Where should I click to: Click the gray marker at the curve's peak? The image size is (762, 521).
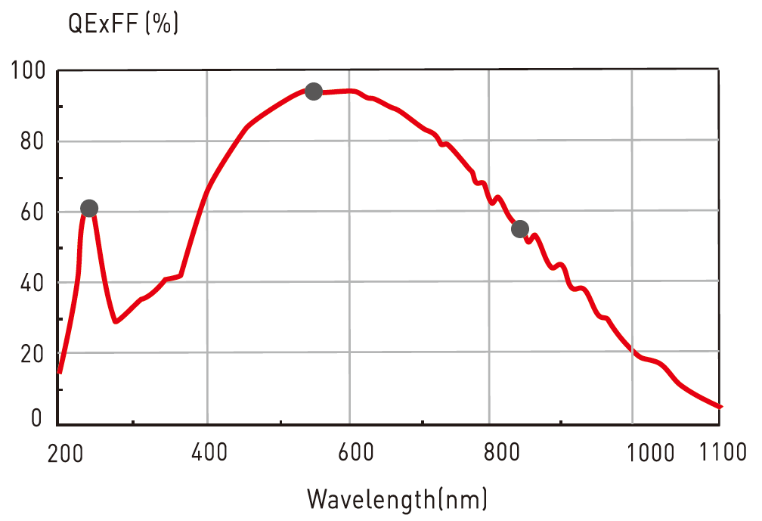coord(314,91)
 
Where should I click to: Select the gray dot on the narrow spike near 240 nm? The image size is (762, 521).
coord(89,208)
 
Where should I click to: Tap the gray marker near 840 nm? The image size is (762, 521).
coord(520,229)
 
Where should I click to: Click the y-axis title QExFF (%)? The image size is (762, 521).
coord(123,23)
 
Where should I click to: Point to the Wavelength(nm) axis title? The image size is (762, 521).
coord(397,499)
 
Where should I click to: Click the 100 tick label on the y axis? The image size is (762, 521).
coord(29,72)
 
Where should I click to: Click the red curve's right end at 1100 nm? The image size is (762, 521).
coord(720,407)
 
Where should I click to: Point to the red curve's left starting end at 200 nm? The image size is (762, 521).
coord(60,372)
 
